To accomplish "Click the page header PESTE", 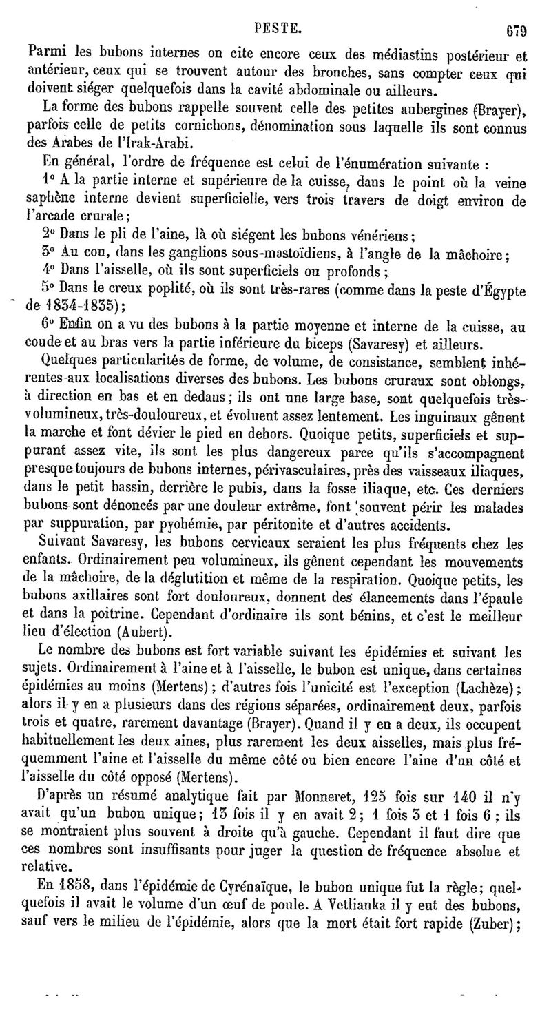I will pos(277,10).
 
